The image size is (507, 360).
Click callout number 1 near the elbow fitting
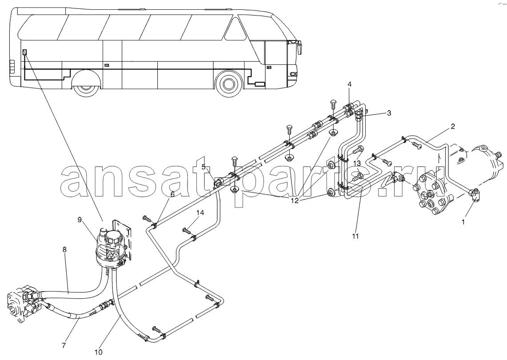point(463,222)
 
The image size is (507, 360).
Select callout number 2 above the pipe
point(453,127)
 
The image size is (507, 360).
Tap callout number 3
point(389,113)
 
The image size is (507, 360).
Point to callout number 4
point(350,84)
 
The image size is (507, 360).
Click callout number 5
point(204,167)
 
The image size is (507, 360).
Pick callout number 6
point(172,195)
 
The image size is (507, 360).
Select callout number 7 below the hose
point(64,345)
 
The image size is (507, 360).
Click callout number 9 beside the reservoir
point(80,220)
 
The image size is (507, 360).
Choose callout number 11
point(355,236)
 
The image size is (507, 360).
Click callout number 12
point(295,200)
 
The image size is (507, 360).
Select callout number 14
point(200,212)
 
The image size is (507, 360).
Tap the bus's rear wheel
point(86,86)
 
